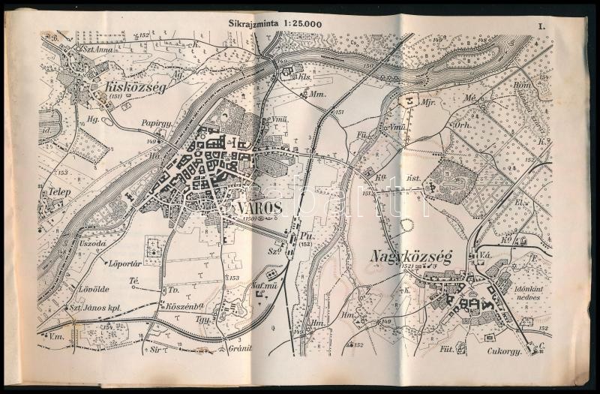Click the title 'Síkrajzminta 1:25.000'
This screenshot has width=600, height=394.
click(276, 23)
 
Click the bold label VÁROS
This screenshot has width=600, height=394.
click(257, 207)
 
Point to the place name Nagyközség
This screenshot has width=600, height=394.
click(409, 258)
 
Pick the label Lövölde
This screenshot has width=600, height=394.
click(94, 288)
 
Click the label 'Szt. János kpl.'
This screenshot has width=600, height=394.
click(96, 308)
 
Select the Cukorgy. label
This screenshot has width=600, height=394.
click(502, 349)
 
